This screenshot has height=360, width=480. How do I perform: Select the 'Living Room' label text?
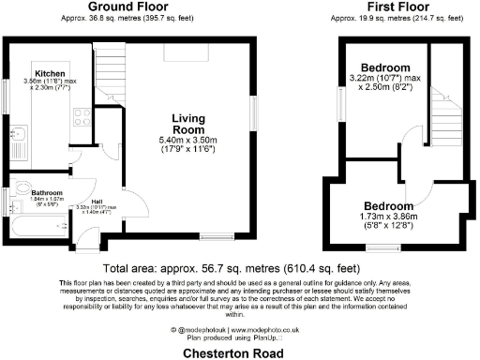coord(188,124)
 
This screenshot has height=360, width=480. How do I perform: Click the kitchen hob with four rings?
coord(82,119)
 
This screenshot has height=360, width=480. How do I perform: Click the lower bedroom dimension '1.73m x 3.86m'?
coord(385,217)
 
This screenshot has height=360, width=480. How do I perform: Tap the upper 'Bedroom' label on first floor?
coord(385,67)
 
